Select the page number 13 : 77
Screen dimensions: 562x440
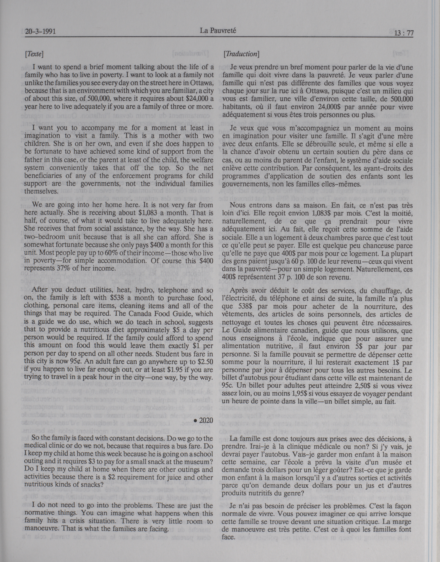(x=402, y=33)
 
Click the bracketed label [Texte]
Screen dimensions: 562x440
(x=34, y=54)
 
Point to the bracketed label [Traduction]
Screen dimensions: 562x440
(x=241, y=54)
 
